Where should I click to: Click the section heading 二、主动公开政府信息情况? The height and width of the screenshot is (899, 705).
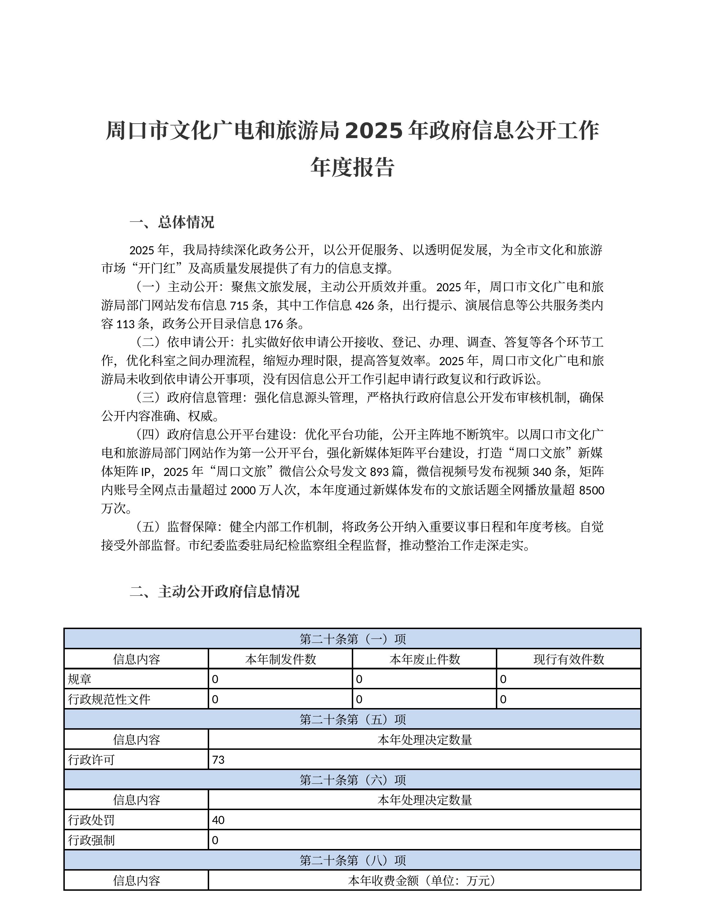pyautogui.click(x=214, y=592)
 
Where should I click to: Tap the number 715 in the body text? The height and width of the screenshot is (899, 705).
pyautogui.click(x=239, y=305)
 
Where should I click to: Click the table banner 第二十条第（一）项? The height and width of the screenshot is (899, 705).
pyautogui.click(x=352, y=639)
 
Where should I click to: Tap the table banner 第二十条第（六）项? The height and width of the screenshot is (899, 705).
pyautogui.click(x=352, y=780)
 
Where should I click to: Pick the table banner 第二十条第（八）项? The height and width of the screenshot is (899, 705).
pyautogui.click(x=352, y=860)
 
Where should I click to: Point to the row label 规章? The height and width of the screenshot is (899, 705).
pyautogui.click(x=80, y=679)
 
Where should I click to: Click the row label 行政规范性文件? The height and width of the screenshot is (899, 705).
pyautogui.click(x=109, y=699)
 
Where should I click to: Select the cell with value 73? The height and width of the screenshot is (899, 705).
pyautogui.click(x=218, y=759)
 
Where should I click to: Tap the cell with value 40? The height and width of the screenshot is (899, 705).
pyautogui.click(x=218, y=820)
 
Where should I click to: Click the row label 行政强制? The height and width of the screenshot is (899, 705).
pyautogui.click(x=91, y=840)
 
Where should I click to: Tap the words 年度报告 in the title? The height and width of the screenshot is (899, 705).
pyautogui.click(x=352, y=167)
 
